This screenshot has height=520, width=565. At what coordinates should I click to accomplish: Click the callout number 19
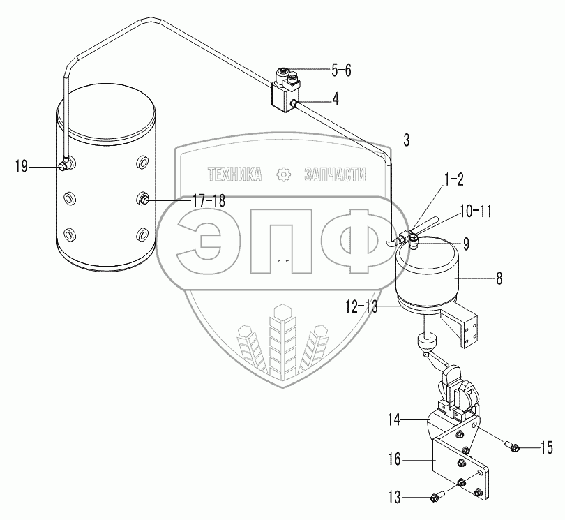(21, 167)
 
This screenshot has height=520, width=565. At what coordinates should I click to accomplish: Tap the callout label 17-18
(209, 201)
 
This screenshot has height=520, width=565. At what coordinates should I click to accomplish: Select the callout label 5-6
(341, 70)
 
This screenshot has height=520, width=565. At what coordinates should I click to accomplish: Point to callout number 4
(336, 98)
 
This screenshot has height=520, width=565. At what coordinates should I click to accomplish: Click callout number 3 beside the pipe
(407, 140)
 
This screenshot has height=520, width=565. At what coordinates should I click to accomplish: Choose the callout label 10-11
(476, 211)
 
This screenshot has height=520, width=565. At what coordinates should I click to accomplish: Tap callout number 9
(466, 244)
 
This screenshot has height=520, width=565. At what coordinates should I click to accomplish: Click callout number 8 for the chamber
(499, 278)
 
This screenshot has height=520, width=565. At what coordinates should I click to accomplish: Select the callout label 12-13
(361, 307)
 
